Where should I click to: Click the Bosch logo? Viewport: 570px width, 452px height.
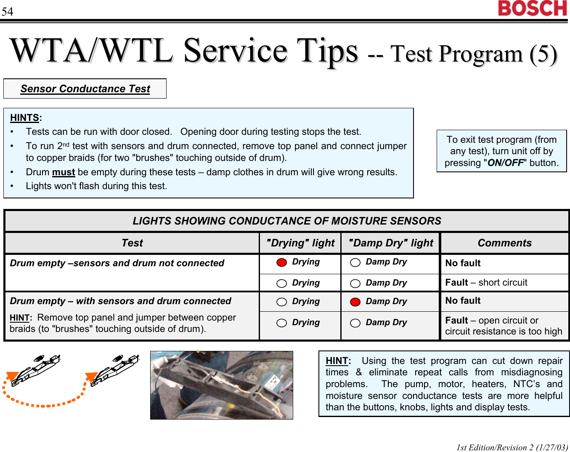tap(532, 8)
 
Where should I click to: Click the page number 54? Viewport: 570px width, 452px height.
tap(7, 11)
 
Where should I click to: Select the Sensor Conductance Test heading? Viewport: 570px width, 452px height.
tap(85, 89)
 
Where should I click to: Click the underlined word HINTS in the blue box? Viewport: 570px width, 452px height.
tap(24, 118)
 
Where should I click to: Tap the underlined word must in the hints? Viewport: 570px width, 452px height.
tap(64, 172)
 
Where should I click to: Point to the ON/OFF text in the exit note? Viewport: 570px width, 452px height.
tap(506, 163)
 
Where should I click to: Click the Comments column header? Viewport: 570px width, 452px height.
tap(504, 243)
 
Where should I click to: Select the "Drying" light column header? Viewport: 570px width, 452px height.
tap(300, 243)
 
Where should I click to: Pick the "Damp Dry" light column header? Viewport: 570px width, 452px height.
tap(390, 243)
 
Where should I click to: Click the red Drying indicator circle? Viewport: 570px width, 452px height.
tap(281, 262)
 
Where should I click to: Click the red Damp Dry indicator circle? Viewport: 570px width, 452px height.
tap(355, 302)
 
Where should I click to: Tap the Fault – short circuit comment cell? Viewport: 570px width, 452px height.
tap(486, 283)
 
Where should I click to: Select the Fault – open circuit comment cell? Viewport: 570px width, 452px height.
tap(504, 326)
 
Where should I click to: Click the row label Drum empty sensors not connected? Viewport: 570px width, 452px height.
tap(117, 263)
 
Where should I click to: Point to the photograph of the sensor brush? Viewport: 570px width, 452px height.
tap(222, 385)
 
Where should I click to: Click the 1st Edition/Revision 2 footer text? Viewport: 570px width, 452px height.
tap(512, 447)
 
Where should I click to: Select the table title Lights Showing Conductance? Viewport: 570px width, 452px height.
tap(287, 221)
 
